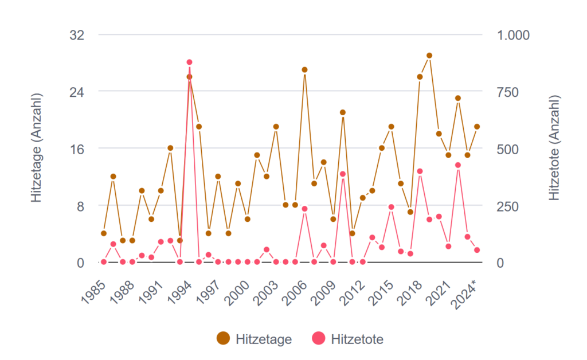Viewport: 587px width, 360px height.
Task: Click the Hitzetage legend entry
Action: [x=255, y=339]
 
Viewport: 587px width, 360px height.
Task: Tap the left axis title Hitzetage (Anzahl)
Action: [x=37, y=148]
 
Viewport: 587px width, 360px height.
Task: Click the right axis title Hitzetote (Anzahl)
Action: [x=554, y=148]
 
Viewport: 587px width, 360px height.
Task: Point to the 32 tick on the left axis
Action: [x=77, y=35]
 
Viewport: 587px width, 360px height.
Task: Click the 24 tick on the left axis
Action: [x=77, y=92]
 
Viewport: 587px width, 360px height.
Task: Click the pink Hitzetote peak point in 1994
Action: [x=189, y=62]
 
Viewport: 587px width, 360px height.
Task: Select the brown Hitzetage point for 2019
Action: [x=429, y=56]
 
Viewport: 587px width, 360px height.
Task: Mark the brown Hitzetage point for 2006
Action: [x=304, y=70]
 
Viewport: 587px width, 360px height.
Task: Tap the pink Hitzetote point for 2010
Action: [x=343, y=174]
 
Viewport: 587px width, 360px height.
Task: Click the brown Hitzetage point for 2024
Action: [x=477, y=127]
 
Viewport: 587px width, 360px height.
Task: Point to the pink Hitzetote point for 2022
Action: [x=458, y=165]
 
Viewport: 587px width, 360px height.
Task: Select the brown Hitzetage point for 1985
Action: [x=104, y=233]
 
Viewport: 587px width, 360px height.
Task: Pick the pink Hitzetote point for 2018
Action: [x=420, y=171]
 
